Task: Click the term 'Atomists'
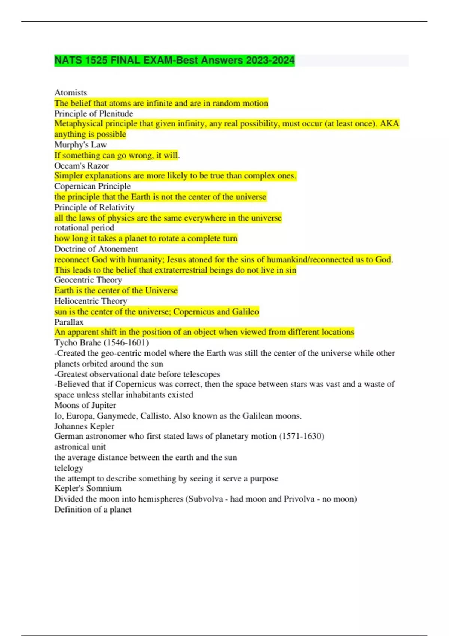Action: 70,92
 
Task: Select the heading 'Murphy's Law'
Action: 80,144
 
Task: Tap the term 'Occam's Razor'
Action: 81,165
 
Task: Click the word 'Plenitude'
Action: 116,113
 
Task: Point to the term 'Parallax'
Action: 69,322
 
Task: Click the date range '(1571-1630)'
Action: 301,436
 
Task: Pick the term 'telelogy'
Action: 68,468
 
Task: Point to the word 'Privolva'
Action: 299,499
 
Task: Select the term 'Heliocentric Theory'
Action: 91,301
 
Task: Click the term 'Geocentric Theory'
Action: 88,280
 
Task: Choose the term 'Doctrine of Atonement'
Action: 96,249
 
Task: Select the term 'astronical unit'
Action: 80,447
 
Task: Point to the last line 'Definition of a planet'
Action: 93,509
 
